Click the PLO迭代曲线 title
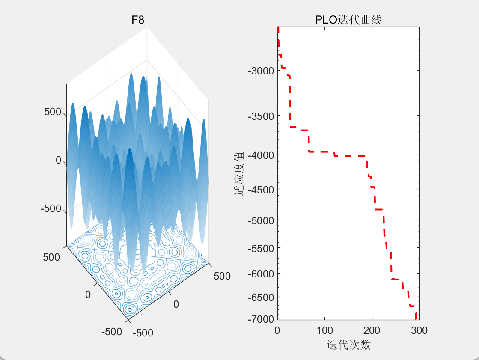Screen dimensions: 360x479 348,20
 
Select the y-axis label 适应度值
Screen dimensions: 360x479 239,173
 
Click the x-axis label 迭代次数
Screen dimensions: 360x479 348,345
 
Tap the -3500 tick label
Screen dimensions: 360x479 260,116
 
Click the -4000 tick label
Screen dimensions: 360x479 260,155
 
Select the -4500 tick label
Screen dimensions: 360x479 260,189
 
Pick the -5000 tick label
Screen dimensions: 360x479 260,220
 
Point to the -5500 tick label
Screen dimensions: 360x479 260,248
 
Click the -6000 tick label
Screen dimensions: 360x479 260,274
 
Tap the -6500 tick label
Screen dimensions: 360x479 260,297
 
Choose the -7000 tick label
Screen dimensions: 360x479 260,319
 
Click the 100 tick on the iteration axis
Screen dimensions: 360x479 324,330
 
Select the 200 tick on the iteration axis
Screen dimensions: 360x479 372,330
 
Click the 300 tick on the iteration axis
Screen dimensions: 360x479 418,330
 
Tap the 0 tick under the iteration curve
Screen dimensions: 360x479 277,330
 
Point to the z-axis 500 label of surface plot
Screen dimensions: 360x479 52,112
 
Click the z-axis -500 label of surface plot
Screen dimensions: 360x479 51,209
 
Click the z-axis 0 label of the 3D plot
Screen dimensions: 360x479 58,161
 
